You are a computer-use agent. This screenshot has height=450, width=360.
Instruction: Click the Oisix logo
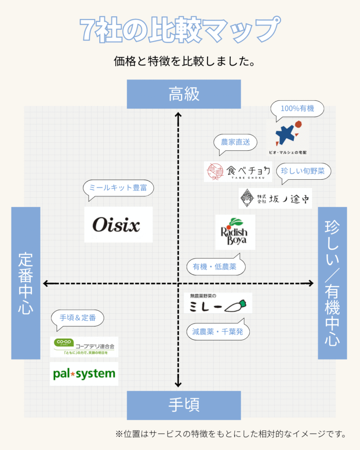[118, 225]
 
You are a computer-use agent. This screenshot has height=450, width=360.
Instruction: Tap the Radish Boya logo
[235, 232]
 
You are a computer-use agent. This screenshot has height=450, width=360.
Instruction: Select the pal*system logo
[84, 374]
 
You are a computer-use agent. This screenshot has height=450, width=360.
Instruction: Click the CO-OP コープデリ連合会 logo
[84, 347]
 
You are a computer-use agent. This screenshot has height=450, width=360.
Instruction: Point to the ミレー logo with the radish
[218, 303]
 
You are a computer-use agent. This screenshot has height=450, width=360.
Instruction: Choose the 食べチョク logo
[238, 171]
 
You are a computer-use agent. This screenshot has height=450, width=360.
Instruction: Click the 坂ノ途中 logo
[275, 198]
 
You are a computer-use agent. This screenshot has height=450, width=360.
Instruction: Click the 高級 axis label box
[184, 94]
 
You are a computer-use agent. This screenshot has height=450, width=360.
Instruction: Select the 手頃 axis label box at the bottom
[184, 405]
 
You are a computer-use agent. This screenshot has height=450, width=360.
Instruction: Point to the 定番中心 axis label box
[25, 283]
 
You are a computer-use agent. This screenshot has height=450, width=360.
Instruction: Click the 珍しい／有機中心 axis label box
[332, 283]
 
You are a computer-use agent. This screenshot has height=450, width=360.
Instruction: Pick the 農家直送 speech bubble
[235, 142]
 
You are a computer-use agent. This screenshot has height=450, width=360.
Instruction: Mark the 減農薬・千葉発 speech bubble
[218, 332]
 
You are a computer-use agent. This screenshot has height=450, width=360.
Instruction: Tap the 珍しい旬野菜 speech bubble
[303, 171]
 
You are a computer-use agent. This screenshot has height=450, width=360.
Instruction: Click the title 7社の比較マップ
[180, 29]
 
